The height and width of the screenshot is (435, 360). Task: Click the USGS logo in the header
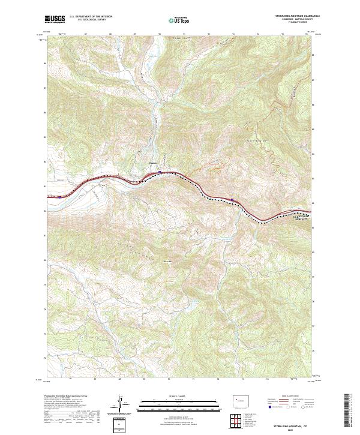55,19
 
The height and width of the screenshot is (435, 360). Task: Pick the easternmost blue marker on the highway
232,199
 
